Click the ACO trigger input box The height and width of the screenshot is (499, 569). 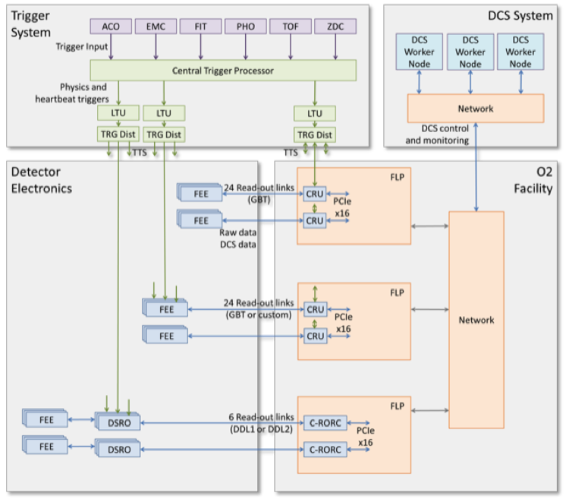pos(111,27)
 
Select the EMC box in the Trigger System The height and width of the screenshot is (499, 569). pos(156,27)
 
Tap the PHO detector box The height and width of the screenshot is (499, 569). pos(245,27)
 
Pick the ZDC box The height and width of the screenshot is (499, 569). pos(335,27)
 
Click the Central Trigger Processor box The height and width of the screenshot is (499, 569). pos(223,71)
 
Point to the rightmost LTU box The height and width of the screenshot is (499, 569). pos(315,113)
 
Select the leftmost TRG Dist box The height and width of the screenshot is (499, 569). pos(119,134)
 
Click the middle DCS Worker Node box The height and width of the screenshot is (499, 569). pos(470,52)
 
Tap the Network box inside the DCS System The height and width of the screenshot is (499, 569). pos(476,108)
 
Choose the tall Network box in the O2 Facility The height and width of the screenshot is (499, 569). pos(476,320)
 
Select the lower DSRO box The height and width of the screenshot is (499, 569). pos(118,450)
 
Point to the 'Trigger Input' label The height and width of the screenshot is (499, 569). pos(81,47)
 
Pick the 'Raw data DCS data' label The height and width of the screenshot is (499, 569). pos(237,237)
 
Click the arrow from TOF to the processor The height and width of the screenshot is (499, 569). pos(290,47)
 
